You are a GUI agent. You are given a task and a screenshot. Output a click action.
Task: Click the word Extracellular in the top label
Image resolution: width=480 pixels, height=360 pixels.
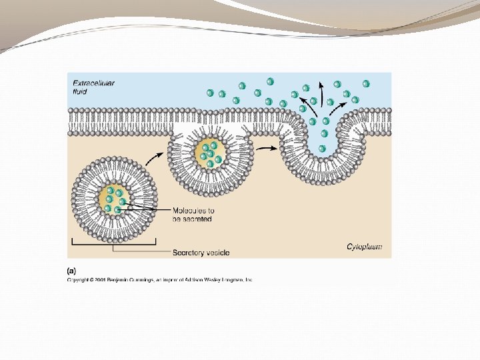pos(93,83)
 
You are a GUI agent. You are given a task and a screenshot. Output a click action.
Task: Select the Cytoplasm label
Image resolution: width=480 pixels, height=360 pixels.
pos(365,247)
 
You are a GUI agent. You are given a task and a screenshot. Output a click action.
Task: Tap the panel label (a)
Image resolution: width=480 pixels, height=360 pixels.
pos(71,271)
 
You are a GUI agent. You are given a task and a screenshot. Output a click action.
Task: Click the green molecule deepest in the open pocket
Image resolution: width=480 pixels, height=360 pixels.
pos(322,149)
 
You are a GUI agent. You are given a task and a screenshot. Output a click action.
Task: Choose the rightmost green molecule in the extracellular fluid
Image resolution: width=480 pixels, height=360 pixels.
pos(366,83)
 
